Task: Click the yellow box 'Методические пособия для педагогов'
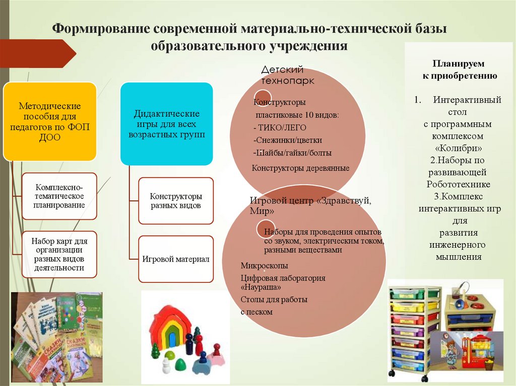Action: (50, 121)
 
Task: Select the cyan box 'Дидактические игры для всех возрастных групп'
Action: (166, 124)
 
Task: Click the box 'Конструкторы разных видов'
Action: (176, 201)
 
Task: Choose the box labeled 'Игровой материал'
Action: (176, 259)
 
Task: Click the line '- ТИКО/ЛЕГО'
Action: (280, 127)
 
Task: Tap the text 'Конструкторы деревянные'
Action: (300, 168)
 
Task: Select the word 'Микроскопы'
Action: (264, 266)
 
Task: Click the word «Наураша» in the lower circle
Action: (261, 287)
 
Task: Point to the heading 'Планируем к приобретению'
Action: (459, 70)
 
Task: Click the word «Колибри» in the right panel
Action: (459, 149)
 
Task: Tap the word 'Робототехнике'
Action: (459, 184)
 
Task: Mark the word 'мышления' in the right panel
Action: (459, 257)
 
